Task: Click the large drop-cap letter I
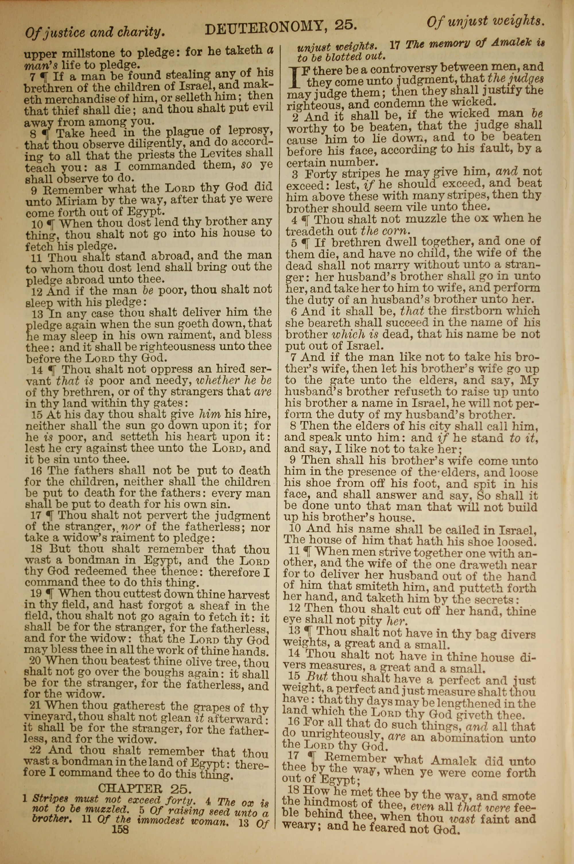coord(295,78)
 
